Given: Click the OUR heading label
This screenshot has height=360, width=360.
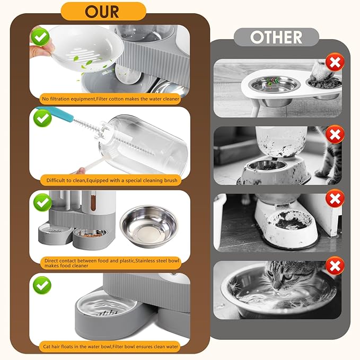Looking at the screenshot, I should coord(103,11).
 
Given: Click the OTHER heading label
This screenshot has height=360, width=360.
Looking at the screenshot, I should coord(276,37).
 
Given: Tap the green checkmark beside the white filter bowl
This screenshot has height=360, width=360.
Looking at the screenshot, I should coord(41,38).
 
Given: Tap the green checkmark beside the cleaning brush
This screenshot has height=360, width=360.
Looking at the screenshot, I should coord(41,119).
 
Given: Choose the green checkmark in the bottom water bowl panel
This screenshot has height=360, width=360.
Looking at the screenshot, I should coord(41,285).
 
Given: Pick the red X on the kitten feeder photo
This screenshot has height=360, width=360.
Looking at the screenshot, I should coord(335,134).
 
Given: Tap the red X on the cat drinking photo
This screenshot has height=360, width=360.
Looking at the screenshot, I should coord(335,266).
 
